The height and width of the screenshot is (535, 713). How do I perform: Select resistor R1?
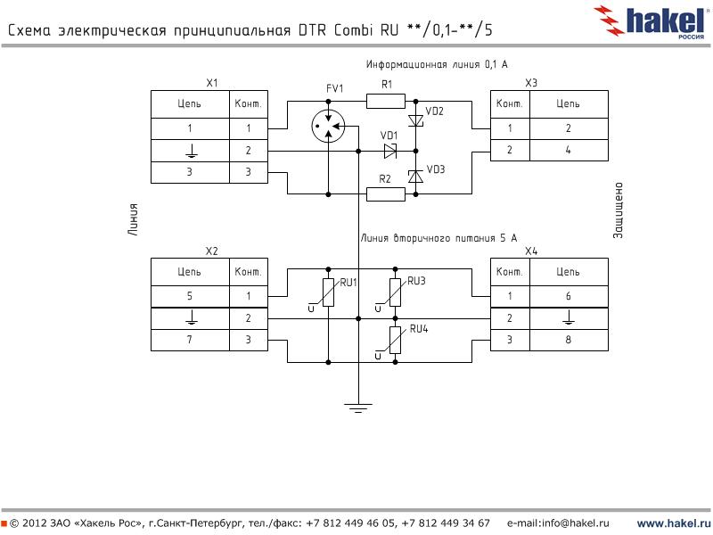tap(386, 102)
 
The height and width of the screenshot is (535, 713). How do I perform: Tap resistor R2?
tap(386, 193)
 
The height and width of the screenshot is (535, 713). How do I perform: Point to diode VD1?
tap(389, 151)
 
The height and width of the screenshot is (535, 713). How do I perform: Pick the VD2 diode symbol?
tap(414, 120)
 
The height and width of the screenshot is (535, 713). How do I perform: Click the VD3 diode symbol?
tap(414, 177)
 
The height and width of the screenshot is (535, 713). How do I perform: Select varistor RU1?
tap(329, 292)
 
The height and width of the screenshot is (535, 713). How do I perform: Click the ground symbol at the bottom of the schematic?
tap(357, 408)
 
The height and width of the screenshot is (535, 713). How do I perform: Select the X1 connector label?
tap(211, 83)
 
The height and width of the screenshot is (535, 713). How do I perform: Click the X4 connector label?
tap(531, 251)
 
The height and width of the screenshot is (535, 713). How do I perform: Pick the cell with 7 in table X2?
tap(190, 341)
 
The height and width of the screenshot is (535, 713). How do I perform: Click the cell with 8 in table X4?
tap(568, 341)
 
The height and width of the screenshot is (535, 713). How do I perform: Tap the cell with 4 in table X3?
tap(568, 151)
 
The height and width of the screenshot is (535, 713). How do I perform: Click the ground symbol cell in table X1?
tap(190, 151)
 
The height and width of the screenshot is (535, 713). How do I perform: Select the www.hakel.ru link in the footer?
tap(673, 523)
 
